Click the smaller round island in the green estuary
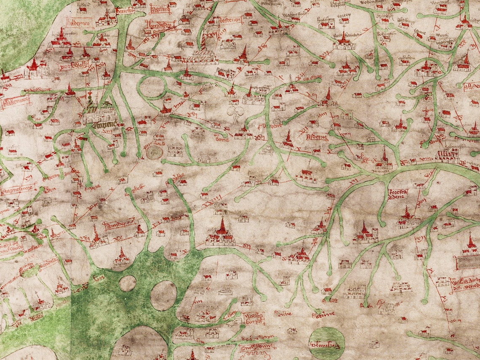point(127,283)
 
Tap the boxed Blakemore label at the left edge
point(16,101)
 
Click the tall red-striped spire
point(203,42)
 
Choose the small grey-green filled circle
point(154,152)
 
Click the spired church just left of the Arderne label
point(288,139)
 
